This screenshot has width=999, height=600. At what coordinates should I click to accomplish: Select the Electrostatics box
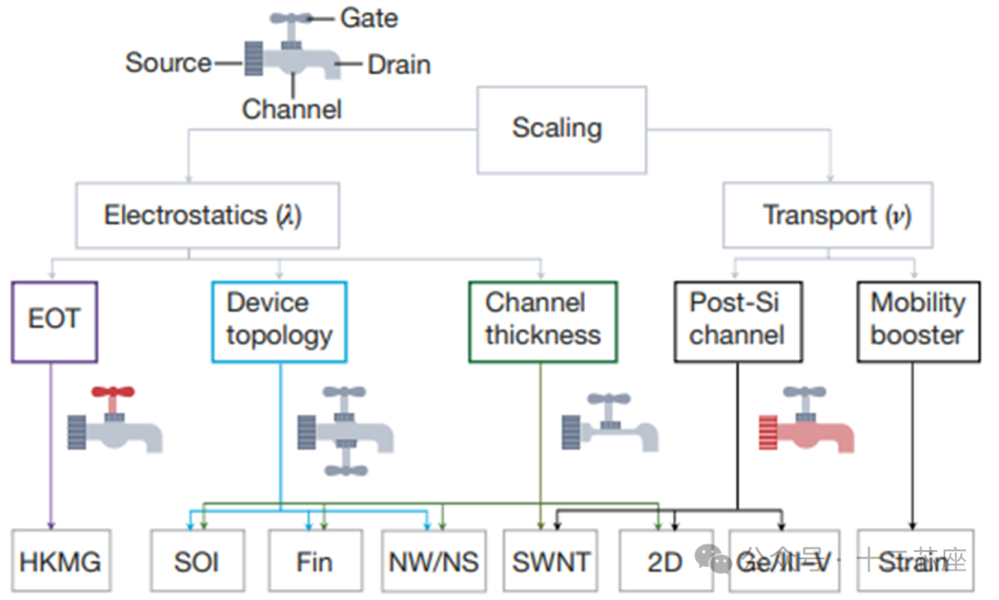(x=201, y=216)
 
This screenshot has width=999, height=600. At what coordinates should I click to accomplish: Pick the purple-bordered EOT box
(x=55, y=321)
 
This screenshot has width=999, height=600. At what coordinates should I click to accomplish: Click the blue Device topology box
(x=278, y=321)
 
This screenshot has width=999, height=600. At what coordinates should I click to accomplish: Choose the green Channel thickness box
(x=542, y=321)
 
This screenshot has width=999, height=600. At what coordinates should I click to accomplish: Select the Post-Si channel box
(x=737, y=321)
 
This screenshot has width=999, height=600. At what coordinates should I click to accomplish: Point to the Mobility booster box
(x=917, y=321)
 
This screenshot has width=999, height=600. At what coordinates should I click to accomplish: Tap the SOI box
(x=197, y=561)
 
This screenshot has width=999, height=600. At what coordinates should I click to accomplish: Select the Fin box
(x=314, y=561)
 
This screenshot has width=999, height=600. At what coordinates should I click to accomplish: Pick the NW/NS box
(x=433, y=561)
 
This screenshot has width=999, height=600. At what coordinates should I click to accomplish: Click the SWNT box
(x=550, y=561)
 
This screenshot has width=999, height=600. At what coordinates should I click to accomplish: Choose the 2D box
(x=665, y=561)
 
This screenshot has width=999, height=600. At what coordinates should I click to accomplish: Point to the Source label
(x=168, y=63)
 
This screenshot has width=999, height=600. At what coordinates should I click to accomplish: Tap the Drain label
(x=399, y=65)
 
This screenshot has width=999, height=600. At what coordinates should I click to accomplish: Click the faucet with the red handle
(x=114, y=421)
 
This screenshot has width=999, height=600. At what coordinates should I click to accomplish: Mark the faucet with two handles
(x=344, y=431)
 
